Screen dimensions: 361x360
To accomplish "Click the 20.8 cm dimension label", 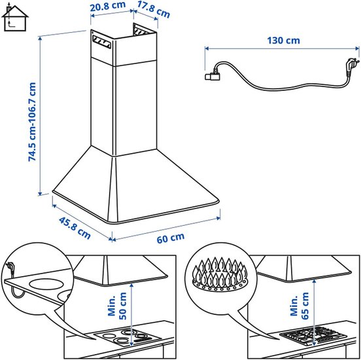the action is tap(108, 6).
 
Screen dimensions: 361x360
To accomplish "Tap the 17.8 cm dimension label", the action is tap(154, 9).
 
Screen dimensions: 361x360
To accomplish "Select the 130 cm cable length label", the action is tap(283, 41).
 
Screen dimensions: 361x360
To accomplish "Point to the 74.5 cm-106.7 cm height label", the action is tap(32, 122).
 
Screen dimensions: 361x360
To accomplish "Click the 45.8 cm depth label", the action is tap(75, 228).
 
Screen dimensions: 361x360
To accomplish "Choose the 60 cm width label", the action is tap(171, 238).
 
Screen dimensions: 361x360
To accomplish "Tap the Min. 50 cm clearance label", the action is tap(118, 306).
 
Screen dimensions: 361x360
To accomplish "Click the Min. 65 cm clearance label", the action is tap(300, 306).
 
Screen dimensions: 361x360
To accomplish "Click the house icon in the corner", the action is tap(15, 18).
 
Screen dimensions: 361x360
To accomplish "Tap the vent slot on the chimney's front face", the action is tap(101, 42).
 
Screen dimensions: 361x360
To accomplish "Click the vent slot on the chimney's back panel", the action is tap(141, 31).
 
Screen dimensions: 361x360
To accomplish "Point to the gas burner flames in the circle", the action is tap(220, 272).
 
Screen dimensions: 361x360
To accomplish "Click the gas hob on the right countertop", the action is tap(313, 336).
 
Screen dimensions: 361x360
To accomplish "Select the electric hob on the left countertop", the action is tap(128, 337).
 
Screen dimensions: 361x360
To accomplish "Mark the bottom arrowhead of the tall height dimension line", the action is tap(40, 193).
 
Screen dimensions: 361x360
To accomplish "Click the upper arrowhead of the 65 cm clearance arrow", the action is tap(315, 281).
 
